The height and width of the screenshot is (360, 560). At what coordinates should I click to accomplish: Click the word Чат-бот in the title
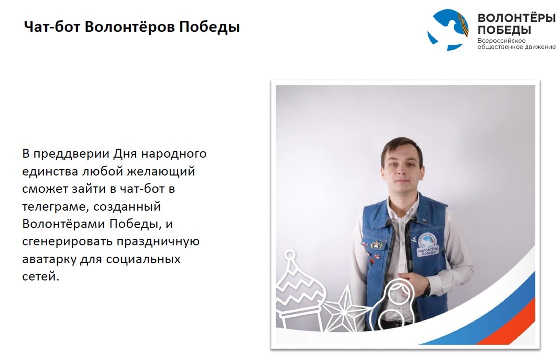tap(52, 27)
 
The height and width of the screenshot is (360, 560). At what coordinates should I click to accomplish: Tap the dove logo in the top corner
tap(448, 29)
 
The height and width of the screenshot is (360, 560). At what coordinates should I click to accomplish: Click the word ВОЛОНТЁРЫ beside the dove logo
tap(516, 18)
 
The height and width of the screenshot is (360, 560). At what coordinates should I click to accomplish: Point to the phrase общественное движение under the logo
tap(516, 47)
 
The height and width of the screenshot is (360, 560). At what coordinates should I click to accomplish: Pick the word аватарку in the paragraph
tap(49, 259)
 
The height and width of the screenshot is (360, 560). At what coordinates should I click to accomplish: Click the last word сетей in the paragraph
tap(41, 276)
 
